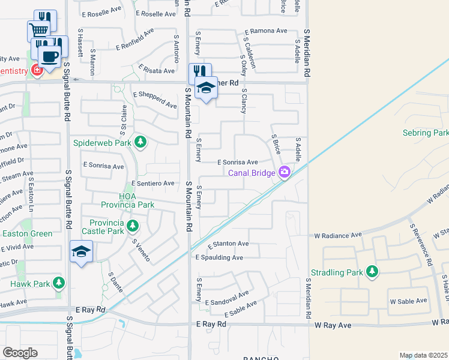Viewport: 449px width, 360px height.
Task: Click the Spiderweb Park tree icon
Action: [x=140, y=142]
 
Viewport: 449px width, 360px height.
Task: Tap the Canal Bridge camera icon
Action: [x=284, y=173]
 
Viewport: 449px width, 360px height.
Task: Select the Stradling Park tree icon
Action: [x=372, y=272]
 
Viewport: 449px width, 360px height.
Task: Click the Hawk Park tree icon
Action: [x=58, y=281]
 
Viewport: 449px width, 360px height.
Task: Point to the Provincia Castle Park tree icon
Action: [x=133, y=227]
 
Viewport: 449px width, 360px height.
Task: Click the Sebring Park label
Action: [x=425, y=133]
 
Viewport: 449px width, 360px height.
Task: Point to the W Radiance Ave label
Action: [x=338, y=235]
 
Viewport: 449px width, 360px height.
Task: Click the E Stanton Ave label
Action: [x=228, y=244]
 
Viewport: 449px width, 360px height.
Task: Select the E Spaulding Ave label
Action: [x=219, y=257]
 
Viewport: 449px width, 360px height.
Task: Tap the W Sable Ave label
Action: [x=408, y=301]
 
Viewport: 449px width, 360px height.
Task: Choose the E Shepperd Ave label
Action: [x=155, y=100]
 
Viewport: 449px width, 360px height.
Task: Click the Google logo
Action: [x=20, y=353]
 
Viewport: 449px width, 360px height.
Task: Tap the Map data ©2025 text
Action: [x=423, y=355]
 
